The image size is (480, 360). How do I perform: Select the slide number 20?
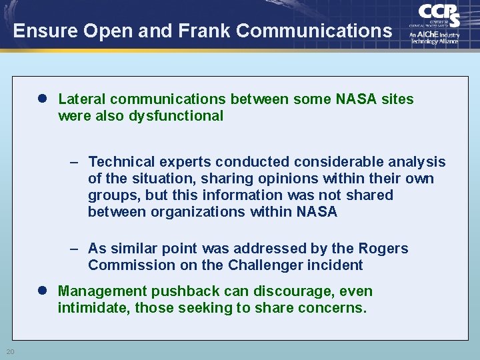[10, 352]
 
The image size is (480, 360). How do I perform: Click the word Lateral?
[82, 99]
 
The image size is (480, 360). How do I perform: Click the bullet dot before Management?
[42, 291]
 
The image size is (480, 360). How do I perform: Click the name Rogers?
[384, 249]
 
